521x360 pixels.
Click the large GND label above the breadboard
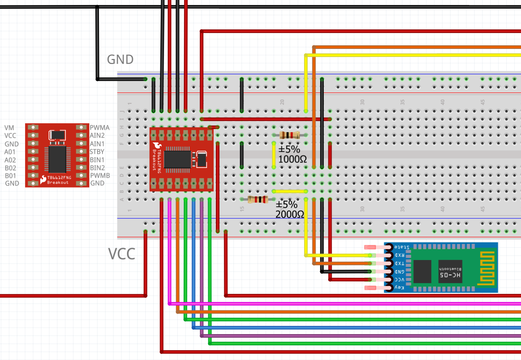120,59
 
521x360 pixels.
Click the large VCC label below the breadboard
122,254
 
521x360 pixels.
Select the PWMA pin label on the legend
100,128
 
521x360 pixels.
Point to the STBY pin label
97,152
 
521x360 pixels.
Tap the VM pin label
9,128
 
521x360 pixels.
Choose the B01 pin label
10,176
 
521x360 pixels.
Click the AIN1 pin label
97,144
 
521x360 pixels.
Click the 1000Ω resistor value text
293,159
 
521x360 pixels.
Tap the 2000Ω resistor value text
290,214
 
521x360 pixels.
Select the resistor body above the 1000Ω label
290,135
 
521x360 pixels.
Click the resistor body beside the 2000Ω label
258,199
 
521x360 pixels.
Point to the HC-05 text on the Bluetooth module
450,275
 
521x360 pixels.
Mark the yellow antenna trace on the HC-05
487,268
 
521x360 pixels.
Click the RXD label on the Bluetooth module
400,255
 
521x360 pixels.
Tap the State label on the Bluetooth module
402,247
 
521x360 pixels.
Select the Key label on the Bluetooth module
399,288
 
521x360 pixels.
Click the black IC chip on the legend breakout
58,159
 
